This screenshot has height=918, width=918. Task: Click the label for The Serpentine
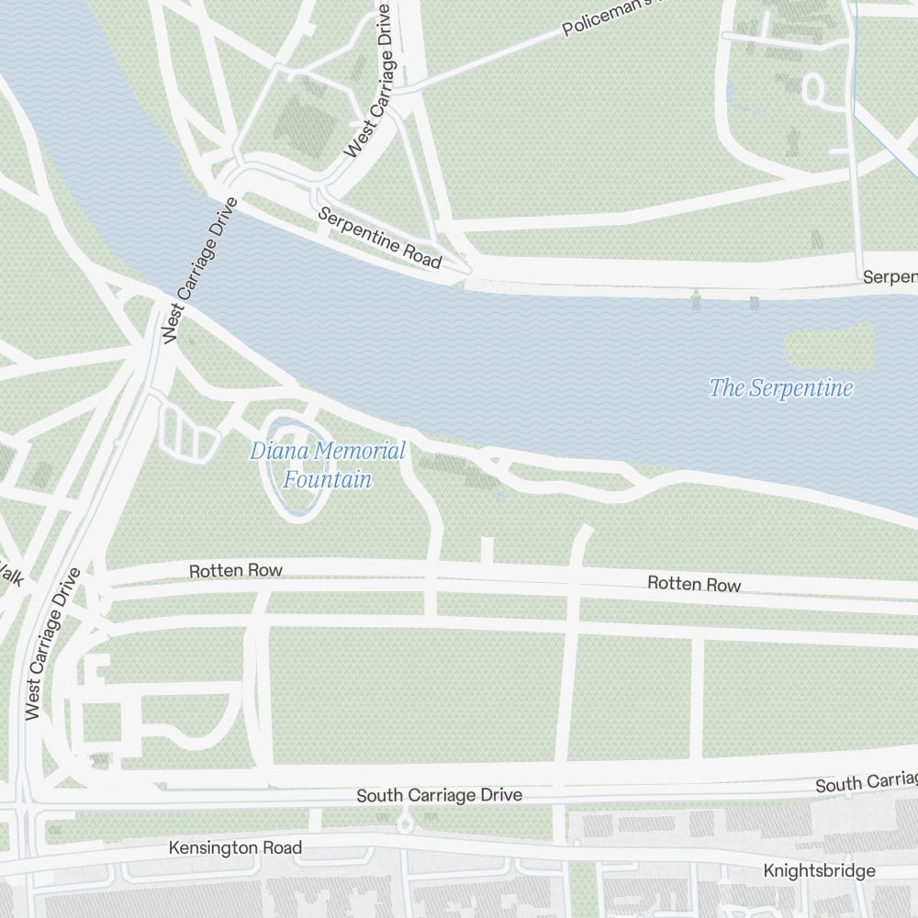[781, 388]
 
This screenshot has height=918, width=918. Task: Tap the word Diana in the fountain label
[273, 452]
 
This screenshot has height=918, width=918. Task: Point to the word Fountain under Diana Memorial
[328, 479]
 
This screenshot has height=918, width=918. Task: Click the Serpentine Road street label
[380, 238]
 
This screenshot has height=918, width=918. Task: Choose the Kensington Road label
[235, 848]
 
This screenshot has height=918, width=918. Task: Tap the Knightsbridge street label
[820, 871]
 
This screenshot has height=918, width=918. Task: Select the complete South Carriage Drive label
[439, 795]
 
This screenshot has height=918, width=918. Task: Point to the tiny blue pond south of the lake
[499, 496]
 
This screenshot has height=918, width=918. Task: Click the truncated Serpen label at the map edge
[890, 277]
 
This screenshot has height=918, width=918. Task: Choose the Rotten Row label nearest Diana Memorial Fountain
[236, 571]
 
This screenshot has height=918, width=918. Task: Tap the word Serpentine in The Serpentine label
[801, 388]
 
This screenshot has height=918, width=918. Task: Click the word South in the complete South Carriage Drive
[376, 795]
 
